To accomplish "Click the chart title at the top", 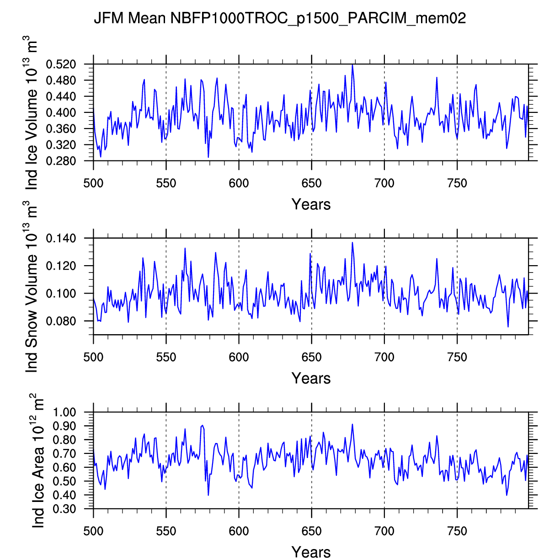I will point(280,18).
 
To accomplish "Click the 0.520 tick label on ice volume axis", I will point(67,64).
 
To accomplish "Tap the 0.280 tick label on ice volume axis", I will point(67,161).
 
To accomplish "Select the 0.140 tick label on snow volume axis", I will point(67,239).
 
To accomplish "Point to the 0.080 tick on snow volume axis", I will point(67,321).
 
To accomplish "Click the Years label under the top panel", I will point(311,204).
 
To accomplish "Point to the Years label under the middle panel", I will point(311,378).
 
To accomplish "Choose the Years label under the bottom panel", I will point(311,552).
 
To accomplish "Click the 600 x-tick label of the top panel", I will point(239,184).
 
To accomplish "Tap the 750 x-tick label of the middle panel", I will point(457,357).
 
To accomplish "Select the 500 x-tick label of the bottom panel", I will point(93,531).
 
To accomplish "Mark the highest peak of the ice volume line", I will point(352,65).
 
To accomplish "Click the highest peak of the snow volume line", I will point(352,243).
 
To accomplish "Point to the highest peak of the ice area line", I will point(352,424).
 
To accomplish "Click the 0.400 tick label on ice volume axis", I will point(67,113).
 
